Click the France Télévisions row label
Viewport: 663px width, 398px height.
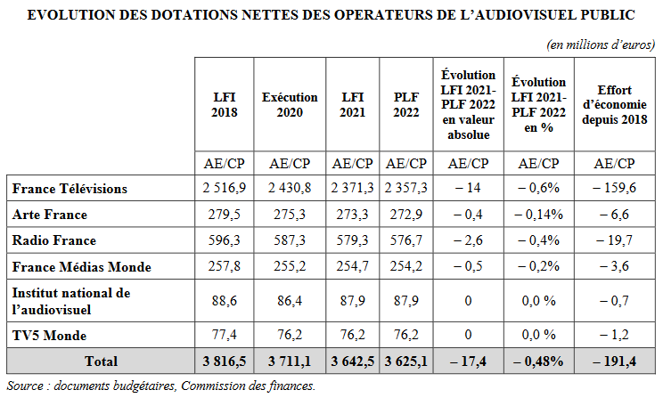[x=70, y=189]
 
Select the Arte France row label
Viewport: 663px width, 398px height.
[x=50, y=215]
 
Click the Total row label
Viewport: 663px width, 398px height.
[x=100, y=361]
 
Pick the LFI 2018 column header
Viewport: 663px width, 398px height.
[x=225, y=105]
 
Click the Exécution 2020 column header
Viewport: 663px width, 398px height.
[x=290, y=105]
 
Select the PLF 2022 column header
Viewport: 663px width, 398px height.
[x=405, y=105]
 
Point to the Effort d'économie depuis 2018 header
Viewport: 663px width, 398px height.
[x=614, y=105]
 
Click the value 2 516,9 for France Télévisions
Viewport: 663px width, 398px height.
[x=225, y=189]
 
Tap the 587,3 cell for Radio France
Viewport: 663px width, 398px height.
[x=290, y=240]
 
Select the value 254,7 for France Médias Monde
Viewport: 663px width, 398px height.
[x=353, y=267]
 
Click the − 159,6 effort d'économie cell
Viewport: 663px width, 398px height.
[x=614, y=189]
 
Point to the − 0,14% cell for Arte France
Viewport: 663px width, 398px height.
[x=538, y=215]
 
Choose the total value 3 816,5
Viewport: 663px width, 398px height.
[x=225, y=361]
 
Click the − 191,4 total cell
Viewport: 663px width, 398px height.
[x=614, y=361]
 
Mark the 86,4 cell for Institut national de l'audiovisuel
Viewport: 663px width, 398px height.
[x=290, y=301]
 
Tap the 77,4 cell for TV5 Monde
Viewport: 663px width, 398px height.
[x=225, y=334]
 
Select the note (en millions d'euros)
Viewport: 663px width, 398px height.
[x=601, y=44]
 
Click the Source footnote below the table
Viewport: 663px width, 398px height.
[x=161, y=386]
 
